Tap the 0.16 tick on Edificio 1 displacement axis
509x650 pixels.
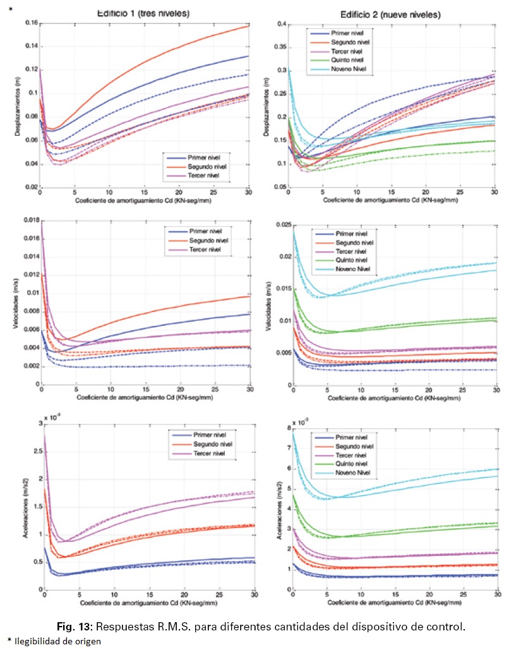coord(30,23)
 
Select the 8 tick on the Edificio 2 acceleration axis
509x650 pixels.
coord(287,428)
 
